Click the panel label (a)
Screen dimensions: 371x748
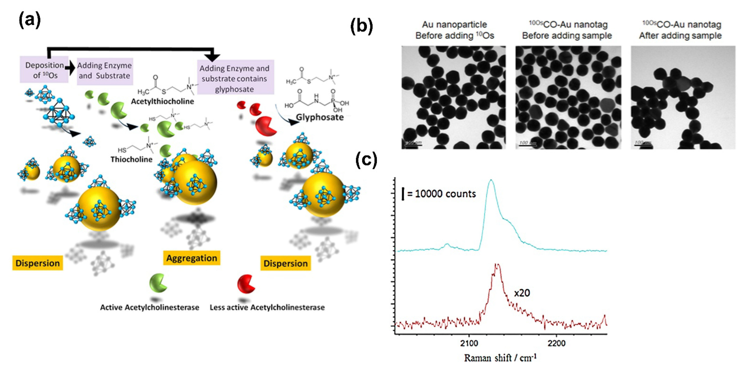click(x=30, y=20)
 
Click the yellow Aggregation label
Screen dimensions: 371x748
click(x=192, y=258)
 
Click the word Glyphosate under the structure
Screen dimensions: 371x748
click(x=320, y=117)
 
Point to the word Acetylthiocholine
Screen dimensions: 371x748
click(x=162, y=101)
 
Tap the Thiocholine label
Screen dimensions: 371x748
click(x=132, y=159)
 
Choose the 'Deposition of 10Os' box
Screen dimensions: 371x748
click(x=44, y=70)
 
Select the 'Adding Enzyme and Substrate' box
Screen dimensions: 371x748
click(x=105, y=71)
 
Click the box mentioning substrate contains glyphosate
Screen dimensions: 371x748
click(x=234, y=78)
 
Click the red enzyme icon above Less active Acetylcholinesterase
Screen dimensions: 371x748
click(x=246, y=284)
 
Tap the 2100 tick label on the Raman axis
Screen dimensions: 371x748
click(x=469, y=343)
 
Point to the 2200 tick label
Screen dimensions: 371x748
click(x=556, y=343)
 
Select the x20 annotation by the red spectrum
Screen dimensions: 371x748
click(x=522, y=293)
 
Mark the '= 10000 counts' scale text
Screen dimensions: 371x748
click(x=441, y=194)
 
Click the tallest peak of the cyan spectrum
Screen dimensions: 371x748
click(x=491, y=181)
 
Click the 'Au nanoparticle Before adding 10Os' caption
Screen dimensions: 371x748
click(x=454, y=30)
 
